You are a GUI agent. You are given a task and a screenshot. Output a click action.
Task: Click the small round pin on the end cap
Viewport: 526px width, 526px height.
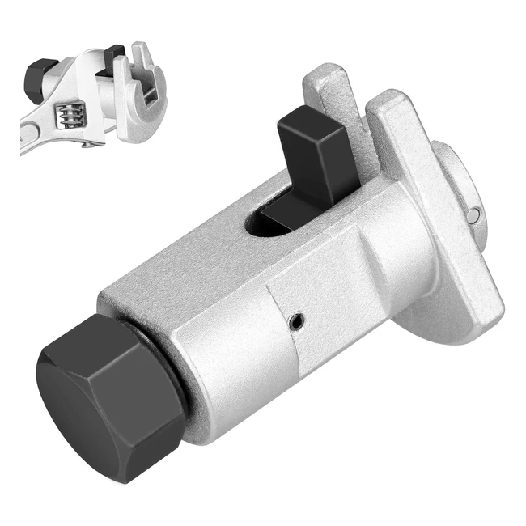tap(476, 214)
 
